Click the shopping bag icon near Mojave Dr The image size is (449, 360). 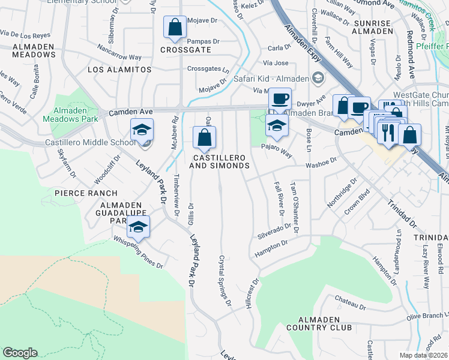point(175,28)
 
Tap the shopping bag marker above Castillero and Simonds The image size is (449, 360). point(204,137)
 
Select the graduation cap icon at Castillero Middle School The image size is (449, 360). point(142,130)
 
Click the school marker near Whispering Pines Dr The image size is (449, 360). point(138,227)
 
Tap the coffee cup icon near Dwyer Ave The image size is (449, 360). point(279,98)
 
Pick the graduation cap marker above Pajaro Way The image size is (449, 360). point(277,125)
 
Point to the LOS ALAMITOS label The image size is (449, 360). point(119,70)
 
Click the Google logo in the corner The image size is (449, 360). point(20,353)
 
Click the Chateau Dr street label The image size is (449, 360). point(350,301)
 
